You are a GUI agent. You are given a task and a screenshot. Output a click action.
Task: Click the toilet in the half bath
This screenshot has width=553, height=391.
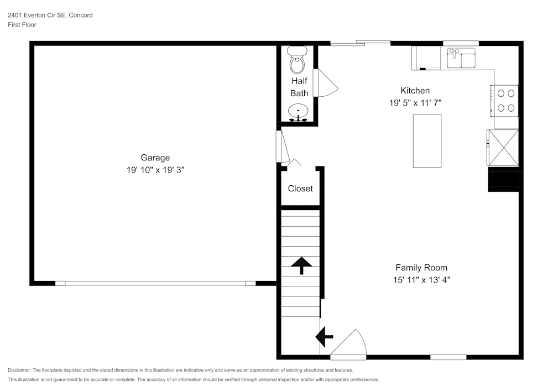coord(298,60)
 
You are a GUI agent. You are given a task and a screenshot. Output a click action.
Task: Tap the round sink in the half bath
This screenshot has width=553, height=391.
coord(299,111)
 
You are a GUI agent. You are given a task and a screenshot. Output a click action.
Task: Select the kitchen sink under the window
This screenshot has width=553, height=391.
coord(461,58)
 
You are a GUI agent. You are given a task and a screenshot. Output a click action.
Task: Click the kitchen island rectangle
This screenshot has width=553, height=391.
coord(427,140)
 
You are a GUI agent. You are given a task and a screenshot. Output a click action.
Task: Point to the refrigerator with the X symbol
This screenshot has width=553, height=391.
coord(503,147)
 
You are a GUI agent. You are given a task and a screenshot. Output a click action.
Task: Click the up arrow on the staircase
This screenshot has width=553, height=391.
coord(301,265)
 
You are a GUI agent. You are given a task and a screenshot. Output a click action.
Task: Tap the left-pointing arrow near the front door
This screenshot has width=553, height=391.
coord(324,337)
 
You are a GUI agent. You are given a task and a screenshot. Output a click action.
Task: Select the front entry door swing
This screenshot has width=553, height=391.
coord(348,344)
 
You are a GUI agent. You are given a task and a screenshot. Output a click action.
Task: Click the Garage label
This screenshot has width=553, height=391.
coord(155,158)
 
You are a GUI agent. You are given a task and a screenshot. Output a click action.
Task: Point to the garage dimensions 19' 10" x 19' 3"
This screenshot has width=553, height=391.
coord(155,170)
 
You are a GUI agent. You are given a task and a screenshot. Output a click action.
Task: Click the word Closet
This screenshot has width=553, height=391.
coord(300,189)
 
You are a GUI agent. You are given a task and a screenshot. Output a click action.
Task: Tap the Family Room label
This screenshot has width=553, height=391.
coord(421,268)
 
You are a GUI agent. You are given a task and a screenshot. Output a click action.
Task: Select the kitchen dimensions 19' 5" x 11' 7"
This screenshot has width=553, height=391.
coord(415,103)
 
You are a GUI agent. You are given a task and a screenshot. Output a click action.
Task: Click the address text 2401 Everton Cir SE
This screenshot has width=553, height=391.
coord(36,15)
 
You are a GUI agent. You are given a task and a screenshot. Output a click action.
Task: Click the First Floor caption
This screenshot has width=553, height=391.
coord(22,25)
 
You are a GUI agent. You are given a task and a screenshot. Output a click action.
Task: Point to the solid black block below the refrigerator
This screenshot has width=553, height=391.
coord(503,179)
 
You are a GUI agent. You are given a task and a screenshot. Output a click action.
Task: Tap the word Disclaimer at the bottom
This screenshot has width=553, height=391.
coord(19,370)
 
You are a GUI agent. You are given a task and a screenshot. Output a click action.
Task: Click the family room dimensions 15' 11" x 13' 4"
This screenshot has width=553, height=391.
coord(422,280)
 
